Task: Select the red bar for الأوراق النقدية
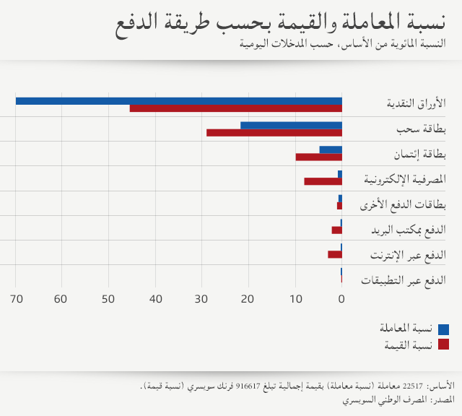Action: (235, 108)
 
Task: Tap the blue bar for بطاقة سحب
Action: (291, 126)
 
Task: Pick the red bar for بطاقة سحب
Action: (274, 133)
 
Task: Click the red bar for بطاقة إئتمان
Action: (318, 157)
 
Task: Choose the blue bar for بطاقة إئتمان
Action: (331, 149)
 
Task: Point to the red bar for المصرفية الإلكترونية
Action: (323, 181)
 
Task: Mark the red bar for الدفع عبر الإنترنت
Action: (335, 254)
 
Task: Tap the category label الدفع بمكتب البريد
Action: (408, 230)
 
